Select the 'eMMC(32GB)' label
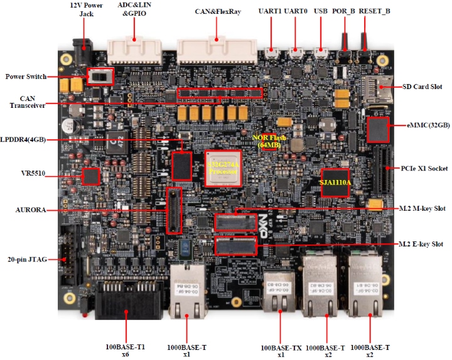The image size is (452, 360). pyautogui.click(x=428, y=125)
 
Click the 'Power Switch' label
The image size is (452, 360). pyautogui.click(x=26, y=77)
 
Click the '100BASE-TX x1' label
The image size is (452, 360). pyautogui.click(x=281, y=350)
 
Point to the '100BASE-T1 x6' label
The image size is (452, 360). pyautogui.click(x=127, y=350)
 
